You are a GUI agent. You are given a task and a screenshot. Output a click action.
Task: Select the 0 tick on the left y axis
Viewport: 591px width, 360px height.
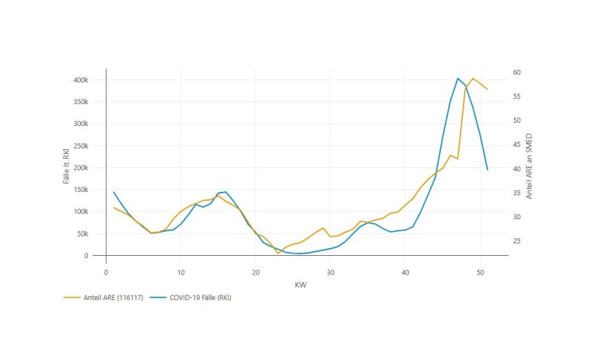tap(86, 256)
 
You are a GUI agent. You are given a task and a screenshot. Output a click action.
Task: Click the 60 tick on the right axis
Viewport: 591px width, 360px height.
tap(516, 72)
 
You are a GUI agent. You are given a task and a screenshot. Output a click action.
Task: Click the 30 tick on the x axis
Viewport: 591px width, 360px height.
tap(330, 272)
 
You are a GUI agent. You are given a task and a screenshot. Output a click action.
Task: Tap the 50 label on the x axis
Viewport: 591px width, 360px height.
tap(480, 272)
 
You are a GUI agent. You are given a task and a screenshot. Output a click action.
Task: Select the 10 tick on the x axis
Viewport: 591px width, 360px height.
tap(180, 272)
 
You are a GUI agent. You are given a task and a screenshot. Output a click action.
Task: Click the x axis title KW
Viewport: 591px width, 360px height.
tap(300, 285)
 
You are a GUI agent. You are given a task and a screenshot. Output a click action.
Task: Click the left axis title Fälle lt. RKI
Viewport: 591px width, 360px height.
tap(67, 166)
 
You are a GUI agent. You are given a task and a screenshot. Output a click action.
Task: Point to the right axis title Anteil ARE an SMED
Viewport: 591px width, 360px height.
tap(530, 166)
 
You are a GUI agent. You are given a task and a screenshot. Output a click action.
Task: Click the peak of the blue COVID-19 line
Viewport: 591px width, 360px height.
tap(457, 79)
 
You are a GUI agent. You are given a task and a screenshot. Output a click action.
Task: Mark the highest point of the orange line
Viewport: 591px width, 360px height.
tap(472, 79)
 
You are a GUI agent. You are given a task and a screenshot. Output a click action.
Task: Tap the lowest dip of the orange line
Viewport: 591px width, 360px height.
tap(278, 253)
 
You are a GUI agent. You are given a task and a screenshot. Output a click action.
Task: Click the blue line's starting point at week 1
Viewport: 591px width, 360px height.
tap(114, 192)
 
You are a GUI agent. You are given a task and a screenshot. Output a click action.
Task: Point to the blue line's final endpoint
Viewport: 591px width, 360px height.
tap(488, 170)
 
